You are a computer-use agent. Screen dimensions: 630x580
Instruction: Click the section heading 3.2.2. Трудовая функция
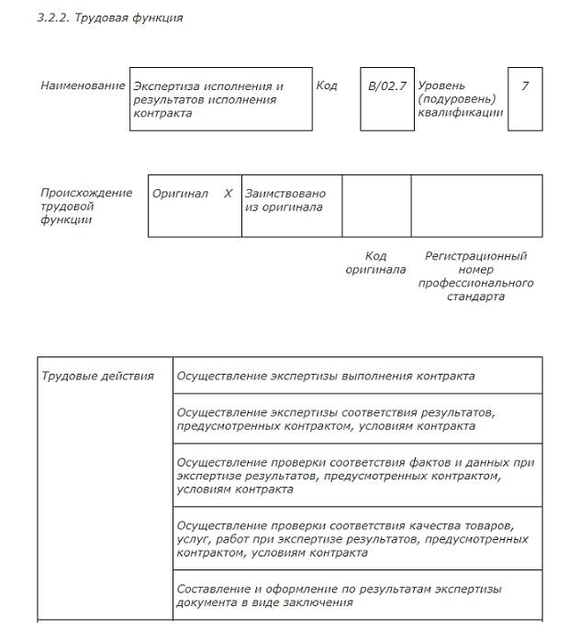click(109, 17)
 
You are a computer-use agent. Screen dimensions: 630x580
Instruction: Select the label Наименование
click(83, 85)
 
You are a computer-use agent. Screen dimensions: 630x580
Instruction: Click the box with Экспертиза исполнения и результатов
click(220, 99)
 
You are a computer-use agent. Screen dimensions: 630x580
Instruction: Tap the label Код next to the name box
click(327, 85)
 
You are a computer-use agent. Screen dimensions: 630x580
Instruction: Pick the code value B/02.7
click(386, 86)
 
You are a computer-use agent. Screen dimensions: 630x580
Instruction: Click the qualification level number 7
click(525, 86)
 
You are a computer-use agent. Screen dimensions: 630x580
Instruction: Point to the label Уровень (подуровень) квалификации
click(460, 99)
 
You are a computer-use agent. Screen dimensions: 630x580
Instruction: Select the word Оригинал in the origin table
click(180, 194)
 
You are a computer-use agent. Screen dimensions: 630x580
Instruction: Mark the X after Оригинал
click(229, 194)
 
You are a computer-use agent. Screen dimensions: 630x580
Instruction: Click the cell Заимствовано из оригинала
click(285, 200)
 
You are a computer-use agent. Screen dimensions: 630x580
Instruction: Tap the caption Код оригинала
click(375, 263)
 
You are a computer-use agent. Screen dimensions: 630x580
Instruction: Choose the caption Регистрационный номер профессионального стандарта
click(475, 276)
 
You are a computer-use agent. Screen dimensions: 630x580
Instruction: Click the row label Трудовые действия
click(98, 377)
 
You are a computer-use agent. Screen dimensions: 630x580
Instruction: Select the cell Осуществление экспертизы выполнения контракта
click(326, 377)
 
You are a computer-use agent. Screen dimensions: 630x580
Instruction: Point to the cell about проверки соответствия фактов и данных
click(356, 476)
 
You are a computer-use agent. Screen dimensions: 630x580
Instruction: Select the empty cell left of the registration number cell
click(376, 206)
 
